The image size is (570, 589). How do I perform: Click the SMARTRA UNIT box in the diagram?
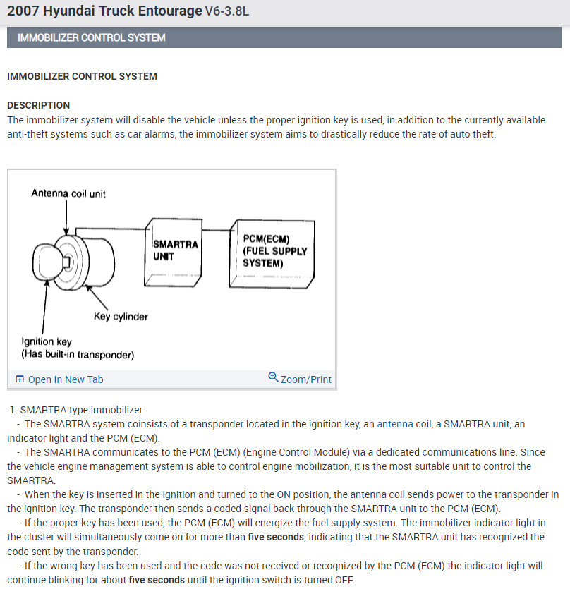point(174,252)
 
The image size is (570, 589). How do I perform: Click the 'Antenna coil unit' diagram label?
point(68,193)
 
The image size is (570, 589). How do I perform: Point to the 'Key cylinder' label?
point(121,317)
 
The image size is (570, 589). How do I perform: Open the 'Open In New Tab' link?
point(66,379)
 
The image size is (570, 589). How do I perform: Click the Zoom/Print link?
point(306,379)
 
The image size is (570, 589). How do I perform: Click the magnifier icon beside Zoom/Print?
point(273,377)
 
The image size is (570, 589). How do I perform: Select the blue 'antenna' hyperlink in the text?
point(395,424)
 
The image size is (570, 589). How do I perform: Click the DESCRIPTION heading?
point(39,105)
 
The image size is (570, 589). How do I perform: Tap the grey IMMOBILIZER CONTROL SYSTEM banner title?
point(92,37)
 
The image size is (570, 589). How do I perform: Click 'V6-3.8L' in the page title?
point(227,12)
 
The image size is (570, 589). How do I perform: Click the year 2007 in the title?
point(23,11)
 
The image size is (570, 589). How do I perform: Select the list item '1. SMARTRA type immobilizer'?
point(77,410)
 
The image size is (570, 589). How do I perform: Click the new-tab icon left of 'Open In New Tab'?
point(19,379)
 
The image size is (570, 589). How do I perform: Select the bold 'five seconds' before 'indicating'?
point(276,537)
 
